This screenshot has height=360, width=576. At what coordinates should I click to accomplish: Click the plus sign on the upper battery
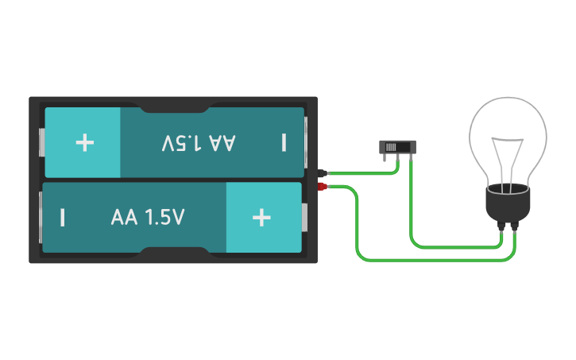pos(84,142)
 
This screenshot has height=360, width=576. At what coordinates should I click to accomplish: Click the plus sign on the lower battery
pos(261,217)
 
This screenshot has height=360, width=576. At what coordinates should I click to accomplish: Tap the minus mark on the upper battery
pos(284,142)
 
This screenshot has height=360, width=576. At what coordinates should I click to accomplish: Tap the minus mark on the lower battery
pos(62,217)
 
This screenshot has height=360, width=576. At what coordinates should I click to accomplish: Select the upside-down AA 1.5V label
pos(199,142)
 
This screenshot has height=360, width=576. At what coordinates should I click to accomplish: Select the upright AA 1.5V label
pos(148,217)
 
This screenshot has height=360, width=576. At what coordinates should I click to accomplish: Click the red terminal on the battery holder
pos(323,187)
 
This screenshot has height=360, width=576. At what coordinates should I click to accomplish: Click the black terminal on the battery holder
pos(323,172)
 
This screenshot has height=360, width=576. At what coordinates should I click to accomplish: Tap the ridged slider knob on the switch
pos(390,147)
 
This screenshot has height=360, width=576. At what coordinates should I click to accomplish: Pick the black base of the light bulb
pos(508,205)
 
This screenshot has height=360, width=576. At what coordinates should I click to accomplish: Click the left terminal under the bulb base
pos(501,226)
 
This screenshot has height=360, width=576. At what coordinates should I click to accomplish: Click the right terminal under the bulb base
pos(515,226)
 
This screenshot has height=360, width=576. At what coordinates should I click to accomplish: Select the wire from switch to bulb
pos(453,246)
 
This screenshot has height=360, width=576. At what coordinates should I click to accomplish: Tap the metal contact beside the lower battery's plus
pos(304,217)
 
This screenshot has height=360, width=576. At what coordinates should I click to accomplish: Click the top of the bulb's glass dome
pos(508,99)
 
